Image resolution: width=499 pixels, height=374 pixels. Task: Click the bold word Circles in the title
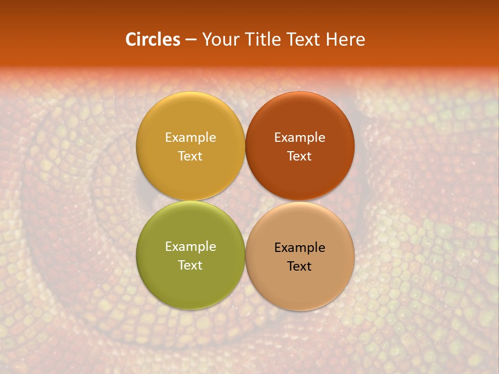[x=152, y=39]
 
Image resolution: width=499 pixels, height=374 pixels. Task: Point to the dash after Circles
[x=190, y=40]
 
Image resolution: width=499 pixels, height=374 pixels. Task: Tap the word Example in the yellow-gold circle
[x=190, y=137]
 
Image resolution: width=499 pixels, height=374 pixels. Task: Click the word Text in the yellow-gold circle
[x=190, y=156]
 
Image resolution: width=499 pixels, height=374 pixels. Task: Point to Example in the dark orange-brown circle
[x=299, y=137]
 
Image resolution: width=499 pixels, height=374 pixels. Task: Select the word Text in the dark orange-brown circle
[x=299, y=156]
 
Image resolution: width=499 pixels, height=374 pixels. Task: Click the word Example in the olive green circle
[x=190, y=246]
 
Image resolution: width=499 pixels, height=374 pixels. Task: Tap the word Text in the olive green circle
[x=190, y=265]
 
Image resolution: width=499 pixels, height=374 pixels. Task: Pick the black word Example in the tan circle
[x=299, y=247]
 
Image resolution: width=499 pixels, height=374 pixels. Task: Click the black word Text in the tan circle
[x=299, y=266]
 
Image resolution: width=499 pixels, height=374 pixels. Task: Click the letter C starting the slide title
[x=131, y=39]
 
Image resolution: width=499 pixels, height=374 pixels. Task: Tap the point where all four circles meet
[x=245, y=201]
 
